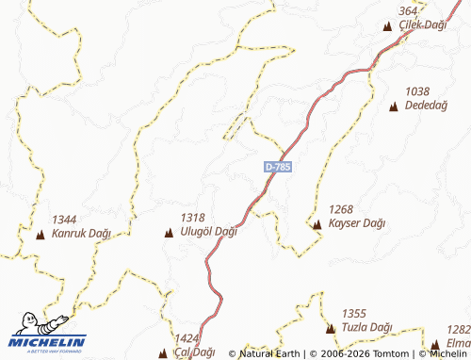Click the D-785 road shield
pos(278,167)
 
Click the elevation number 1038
pos(417,91)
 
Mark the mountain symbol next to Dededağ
pos(393,106)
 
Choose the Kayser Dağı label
pos(357,223)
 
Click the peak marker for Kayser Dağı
pos(317,224)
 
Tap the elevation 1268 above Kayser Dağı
pos(340,209)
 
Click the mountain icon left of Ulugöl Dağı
pos(169,232)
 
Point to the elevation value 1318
pos(192,217)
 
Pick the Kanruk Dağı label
pos(81,233)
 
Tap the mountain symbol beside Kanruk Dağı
pos(40,234)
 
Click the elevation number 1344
pos(64,219)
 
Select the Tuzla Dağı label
pos(366,327)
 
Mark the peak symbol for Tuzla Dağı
pos(330,328)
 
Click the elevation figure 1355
pos(353,314)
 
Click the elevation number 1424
pos(187,337)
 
